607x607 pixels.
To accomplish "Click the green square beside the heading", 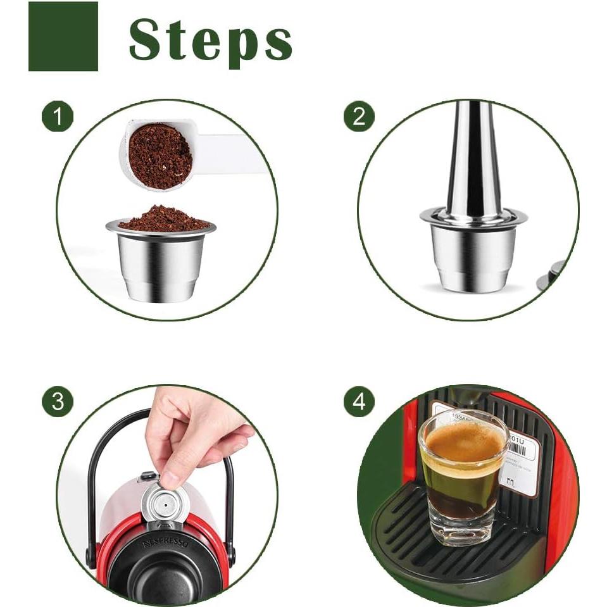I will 63,36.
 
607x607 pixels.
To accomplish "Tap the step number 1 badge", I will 58,116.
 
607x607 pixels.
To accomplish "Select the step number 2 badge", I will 359,116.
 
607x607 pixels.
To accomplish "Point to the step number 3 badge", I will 58,401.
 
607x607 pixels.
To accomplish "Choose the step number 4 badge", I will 359,401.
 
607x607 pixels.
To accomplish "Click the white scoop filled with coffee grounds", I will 161,155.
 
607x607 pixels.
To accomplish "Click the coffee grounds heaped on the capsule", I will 163,218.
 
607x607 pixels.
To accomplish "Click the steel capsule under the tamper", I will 473,256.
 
